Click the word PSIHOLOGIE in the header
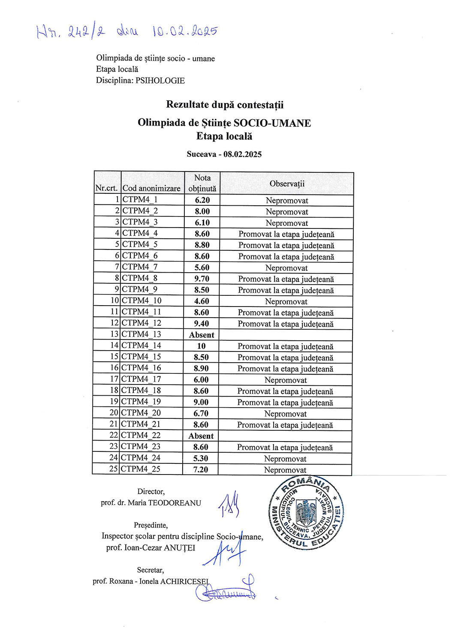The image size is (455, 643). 160,80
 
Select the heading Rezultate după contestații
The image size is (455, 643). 225,105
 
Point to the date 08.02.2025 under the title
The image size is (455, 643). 242,154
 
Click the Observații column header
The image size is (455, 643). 287,183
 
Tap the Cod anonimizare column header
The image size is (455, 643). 151,188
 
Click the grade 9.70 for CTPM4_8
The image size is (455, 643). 202,279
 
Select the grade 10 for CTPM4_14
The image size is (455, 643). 201,346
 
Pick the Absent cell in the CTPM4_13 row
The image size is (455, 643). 202,335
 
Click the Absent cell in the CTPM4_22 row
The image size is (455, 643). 201,436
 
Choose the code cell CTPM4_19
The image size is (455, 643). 141,402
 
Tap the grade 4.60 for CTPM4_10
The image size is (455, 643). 202,301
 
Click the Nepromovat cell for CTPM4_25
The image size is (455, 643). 285,470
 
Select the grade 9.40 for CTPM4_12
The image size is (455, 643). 202,324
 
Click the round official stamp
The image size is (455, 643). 306,513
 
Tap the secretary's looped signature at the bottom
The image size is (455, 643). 226,591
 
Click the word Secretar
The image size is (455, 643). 150,570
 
